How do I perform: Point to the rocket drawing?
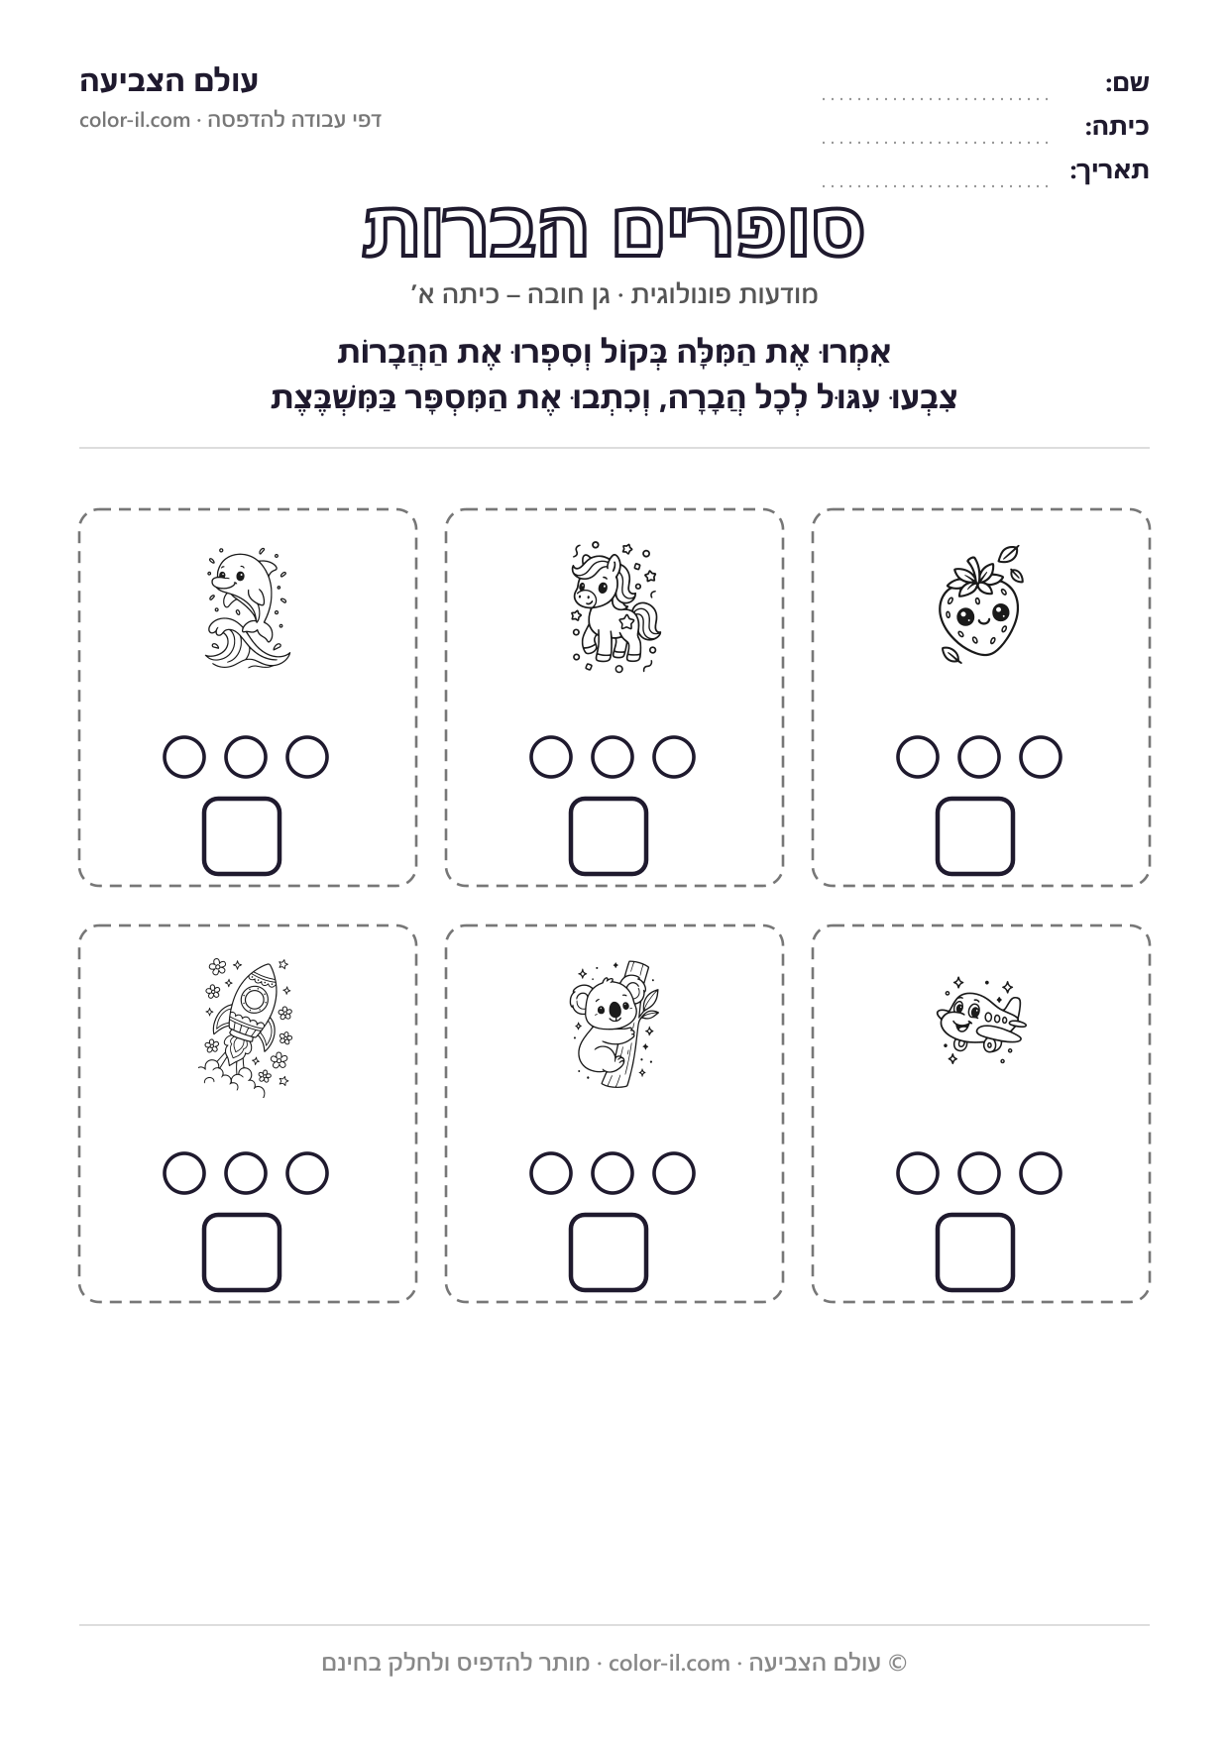247,1027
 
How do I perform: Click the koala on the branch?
614,1023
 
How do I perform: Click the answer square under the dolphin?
242,836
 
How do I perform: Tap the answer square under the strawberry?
975,836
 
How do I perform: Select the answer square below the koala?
609,1252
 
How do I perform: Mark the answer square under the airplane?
975,1252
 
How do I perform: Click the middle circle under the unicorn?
613,757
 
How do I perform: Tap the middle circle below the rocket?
246,1173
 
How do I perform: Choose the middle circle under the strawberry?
979,757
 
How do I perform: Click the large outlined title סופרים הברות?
614,230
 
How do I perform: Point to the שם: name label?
1128,83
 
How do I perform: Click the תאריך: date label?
1109,170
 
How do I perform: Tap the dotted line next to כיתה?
936,143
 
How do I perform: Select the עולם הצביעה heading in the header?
169,81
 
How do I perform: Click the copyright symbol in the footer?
898,1663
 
